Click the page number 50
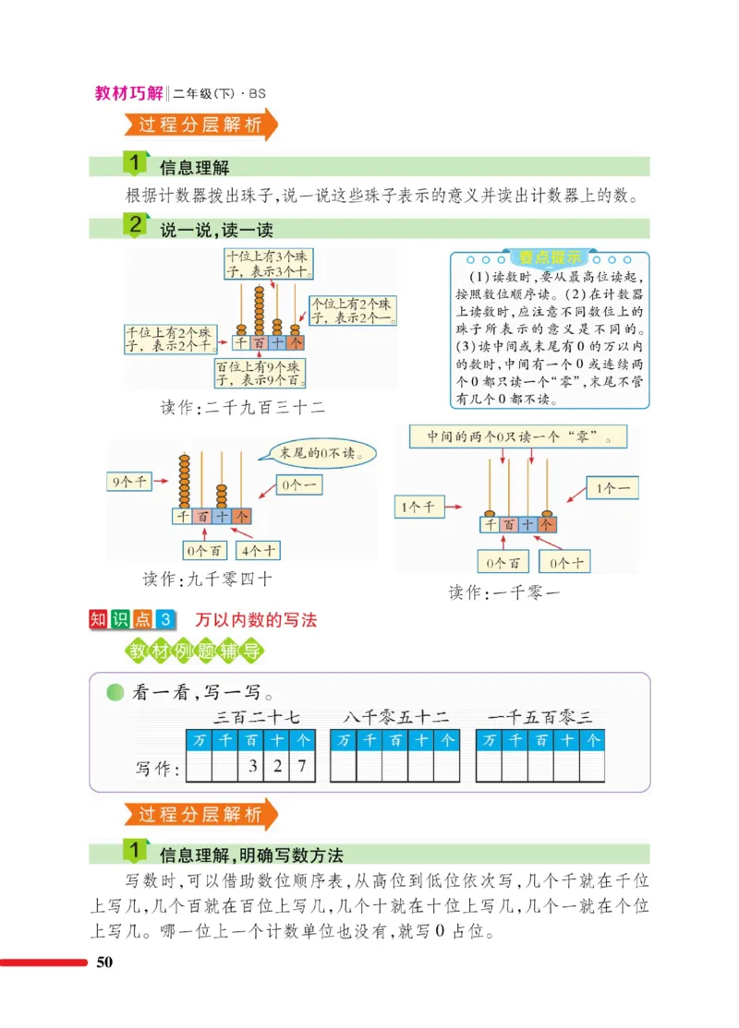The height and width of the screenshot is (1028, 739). [x=103, y=963]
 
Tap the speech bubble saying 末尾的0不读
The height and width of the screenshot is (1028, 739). [x=316, y=453]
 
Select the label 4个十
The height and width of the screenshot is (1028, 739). [x=260, y=551]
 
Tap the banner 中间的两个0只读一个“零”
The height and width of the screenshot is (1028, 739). [x=515, y=436]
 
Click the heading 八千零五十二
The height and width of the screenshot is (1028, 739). [x=395, y=716]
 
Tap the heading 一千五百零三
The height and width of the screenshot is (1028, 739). [x=540, y=716]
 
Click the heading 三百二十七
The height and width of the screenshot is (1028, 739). [x=251, y=716]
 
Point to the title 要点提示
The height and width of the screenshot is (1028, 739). [x=549, y=257]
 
